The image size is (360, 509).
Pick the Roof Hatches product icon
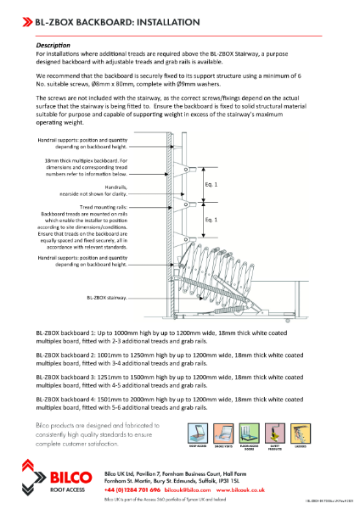point(197,431)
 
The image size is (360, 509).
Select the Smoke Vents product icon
point(225,431)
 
